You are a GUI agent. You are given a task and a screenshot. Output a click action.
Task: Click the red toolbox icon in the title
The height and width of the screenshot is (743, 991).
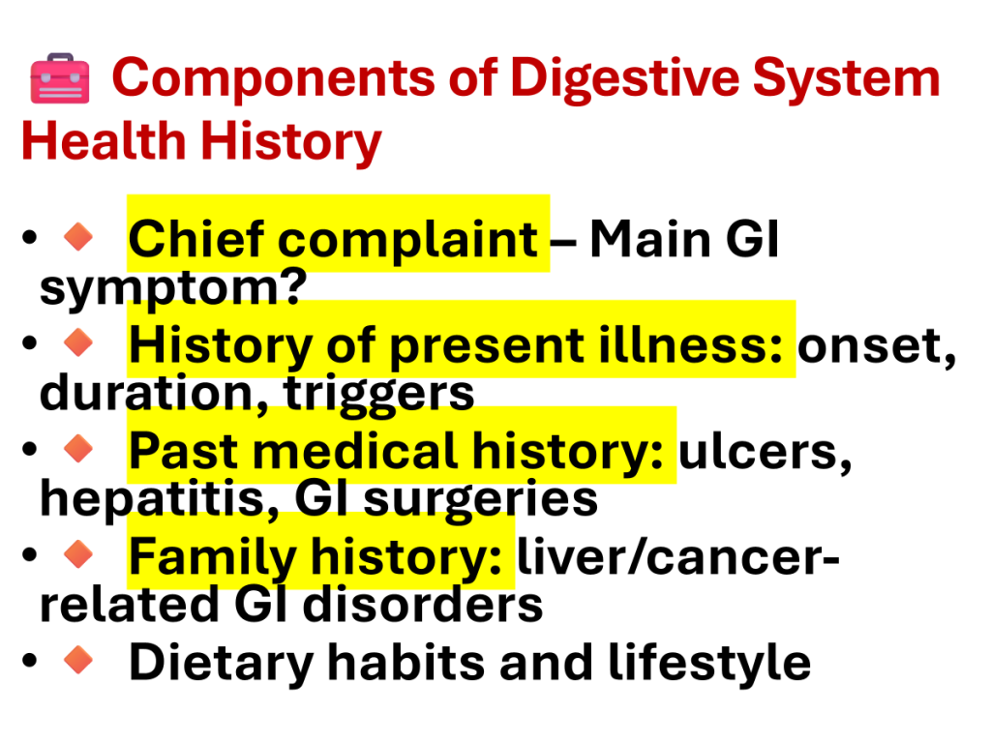tap(60, 78)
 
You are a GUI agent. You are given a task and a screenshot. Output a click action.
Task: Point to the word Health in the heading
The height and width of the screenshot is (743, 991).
tap(103, 140)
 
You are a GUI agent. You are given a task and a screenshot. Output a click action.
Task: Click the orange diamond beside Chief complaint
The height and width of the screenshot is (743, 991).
tap(78, 237)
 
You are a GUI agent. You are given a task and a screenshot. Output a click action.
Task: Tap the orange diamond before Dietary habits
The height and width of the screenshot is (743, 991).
tap(78, 660)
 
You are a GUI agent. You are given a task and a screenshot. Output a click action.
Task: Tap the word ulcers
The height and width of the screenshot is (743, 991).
tap(766, 453)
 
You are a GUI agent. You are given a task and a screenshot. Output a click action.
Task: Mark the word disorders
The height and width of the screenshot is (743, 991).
tap(423, 605)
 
